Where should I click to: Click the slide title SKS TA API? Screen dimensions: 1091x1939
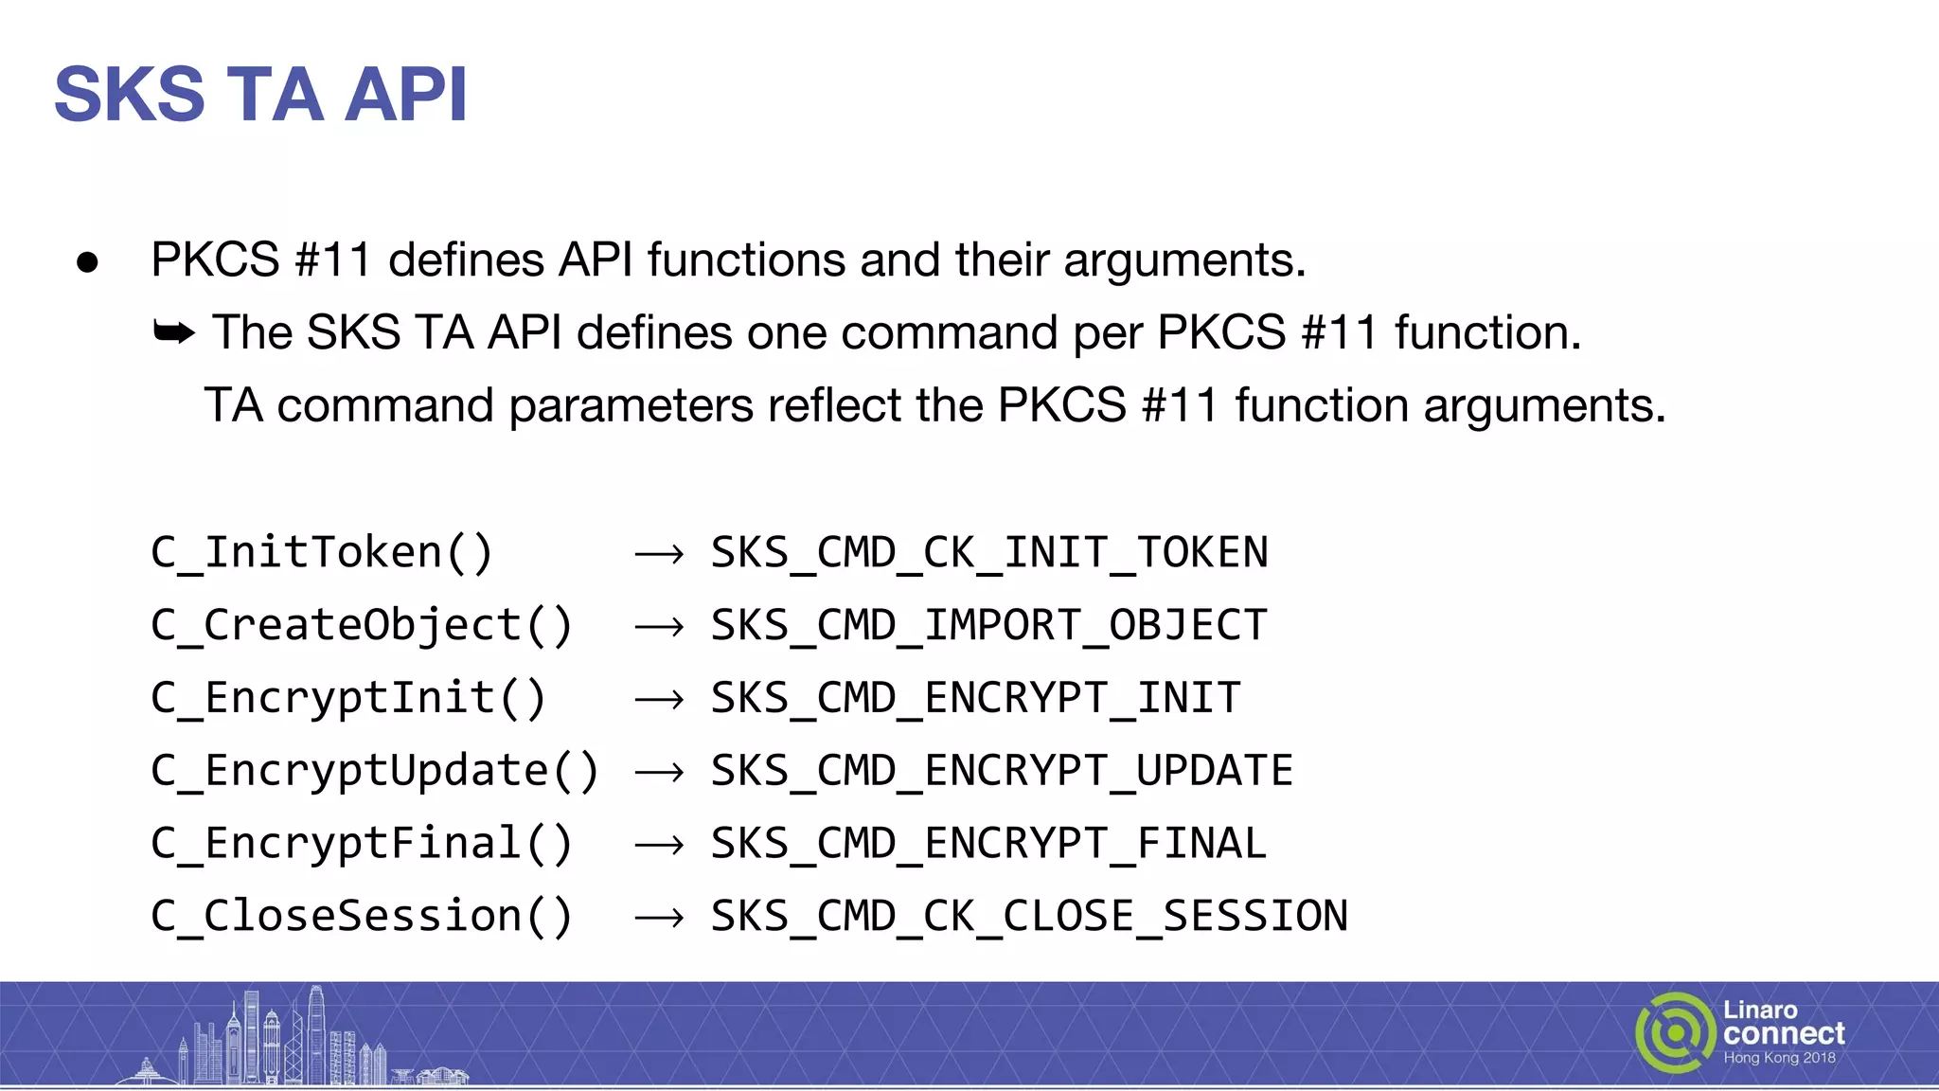coord(260,95)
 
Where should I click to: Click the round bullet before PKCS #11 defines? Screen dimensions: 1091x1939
coord(87,262)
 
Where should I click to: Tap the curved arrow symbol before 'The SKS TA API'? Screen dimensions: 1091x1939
coord(174,332)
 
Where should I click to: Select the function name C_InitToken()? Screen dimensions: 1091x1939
coord(322,553)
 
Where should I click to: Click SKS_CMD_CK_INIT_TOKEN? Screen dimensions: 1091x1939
coord(988,553)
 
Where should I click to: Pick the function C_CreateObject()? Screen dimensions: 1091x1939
coord(362,626)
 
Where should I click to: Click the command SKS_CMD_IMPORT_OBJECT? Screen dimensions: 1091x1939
coord(988,626)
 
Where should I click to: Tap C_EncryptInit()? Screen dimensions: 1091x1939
coord(348,699)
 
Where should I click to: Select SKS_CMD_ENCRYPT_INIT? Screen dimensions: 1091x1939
coord(975,699)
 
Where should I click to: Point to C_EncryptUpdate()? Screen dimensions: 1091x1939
coord(375,771)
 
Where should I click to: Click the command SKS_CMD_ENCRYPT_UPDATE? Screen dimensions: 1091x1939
coord(1002,771)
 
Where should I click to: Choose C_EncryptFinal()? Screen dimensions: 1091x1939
coord(362,844)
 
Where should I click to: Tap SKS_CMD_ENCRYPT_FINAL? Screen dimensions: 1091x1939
coord(988,844)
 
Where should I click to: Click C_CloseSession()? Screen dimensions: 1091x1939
coord(362,917)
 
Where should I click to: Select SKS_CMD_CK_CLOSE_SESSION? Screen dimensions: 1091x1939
coord(1029,917)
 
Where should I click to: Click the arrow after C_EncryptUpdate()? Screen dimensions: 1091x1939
coord(659,773)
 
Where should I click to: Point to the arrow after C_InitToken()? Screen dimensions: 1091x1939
coord(659,554)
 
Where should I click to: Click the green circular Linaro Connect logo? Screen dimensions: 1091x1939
coord(1674,1032)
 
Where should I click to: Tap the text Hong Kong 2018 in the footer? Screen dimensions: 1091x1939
coord(1779,1058)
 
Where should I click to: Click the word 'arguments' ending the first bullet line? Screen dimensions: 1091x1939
coord(1183,260)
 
